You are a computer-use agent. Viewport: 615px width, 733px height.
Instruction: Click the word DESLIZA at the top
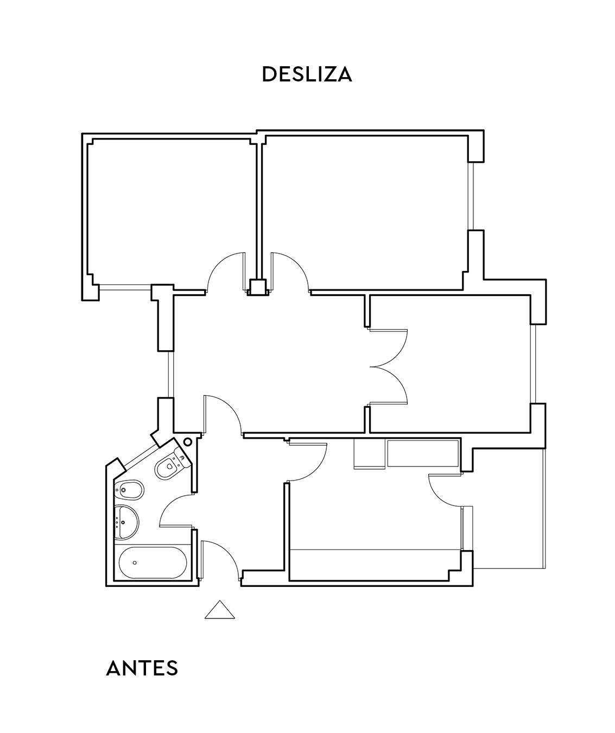pyautogui.click(x=307, y=74)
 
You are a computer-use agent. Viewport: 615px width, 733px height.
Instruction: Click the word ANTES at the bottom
pyautogui.click(x=142, y=668)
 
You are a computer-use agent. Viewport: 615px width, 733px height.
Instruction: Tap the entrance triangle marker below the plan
pyautogui.click(x=220, y=611)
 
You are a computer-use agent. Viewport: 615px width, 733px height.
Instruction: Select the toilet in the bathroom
pyautogui.click(x=170, y=465)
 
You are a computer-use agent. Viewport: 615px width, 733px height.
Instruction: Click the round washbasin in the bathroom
pyautogui.click(x=127, y=522)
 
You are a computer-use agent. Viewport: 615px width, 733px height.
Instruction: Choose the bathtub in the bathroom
pyautogui.click(x=153, y=563)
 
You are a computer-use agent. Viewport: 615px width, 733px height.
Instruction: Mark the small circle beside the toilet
pyautogui.click(x=188, y=442)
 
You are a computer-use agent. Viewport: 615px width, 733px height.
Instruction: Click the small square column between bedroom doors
pyautogui.click(x=257, y=287)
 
